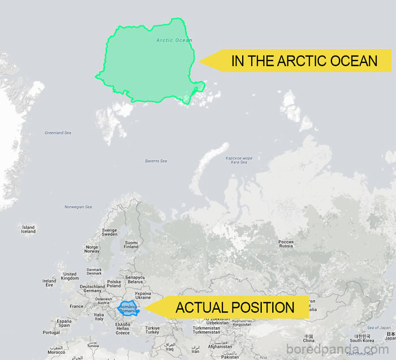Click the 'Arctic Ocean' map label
point(174,40)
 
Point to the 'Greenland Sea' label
point(58,133)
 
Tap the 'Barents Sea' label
point(156,161)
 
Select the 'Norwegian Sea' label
point(78,207)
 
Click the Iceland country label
point(28,229)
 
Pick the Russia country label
point(286,244)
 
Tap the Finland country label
point(131,245)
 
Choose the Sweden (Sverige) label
point(109,233)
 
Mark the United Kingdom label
point(70,276)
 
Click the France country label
point(76,306)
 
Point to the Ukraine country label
point(143,295)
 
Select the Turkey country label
point(153,330)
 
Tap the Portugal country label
point(51,332)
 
